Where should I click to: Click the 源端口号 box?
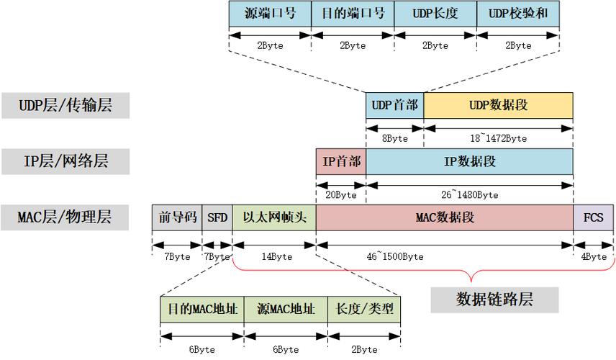click(x=270, y=14)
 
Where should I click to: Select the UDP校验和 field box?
click(x=518, y=14)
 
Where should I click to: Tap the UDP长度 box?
click(x=435, y=14)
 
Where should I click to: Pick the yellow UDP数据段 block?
click(x=499, y=105)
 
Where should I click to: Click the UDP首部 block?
click(x=394, y=105)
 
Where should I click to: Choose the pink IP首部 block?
click(x=341, y=161)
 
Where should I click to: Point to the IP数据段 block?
click(x=469, y=161)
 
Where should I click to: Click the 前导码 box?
click(x=177, y=217)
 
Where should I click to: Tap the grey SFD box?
click(x=217, y=217)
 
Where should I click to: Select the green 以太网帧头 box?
click(x=274, y=217)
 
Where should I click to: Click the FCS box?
click(x=593, y=217)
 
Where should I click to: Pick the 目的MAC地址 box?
click(x=202, y=310)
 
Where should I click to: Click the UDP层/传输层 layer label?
click(x=65, y=106)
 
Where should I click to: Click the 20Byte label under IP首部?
click(x=341, y=194)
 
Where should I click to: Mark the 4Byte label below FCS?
click(x=594, y=256)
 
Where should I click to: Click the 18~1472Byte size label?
click(x=497, y=138)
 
